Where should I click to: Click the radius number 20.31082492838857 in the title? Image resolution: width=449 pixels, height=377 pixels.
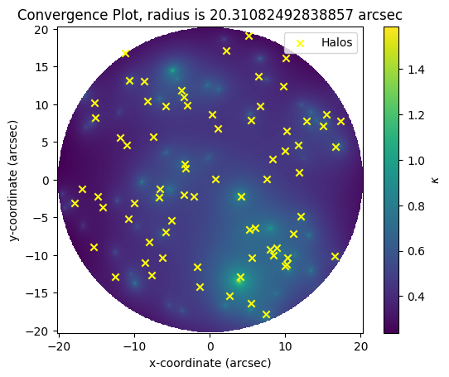[281, 15]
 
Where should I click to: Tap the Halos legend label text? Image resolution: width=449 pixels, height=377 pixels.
[336, 43]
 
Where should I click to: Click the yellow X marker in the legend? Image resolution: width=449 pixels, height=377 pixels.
[300, 43]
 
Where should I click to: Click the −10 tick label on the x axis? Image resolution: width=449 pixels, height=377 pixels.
[133, 346]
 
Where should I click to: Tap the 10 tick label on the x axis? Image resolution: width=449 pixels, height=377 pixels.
[285, 346]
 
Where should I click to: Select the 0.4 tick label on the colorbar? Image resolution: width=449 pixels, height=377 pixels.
[416, 297]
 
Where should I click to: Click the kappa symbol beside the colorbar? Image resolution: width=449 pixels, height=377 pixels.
[435, 180]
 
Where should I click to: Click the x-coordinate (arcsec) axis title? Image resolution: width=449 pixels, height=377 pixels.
[210, 363]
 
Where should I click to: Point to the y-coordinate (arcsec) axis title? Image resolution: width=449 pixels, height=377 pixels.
[13, 181]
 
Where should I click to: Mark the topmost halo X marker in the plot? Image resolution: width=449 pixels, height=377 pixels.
[249, 36]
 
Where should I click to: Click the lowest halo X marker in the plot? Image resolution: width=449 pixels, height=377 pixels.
[266, 315]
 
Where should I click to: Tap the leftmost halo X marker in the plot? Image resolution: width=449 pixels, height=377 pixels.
[75, 203]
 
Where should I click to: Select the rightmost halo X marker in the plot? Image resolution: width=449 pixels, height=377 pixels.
[340, 122]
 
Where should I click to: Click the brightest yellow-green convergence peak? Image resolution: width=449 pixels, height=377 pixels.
[239, 280]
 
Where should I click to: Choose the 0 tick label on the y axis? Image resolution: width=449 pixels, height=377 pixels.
[45, 180]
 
